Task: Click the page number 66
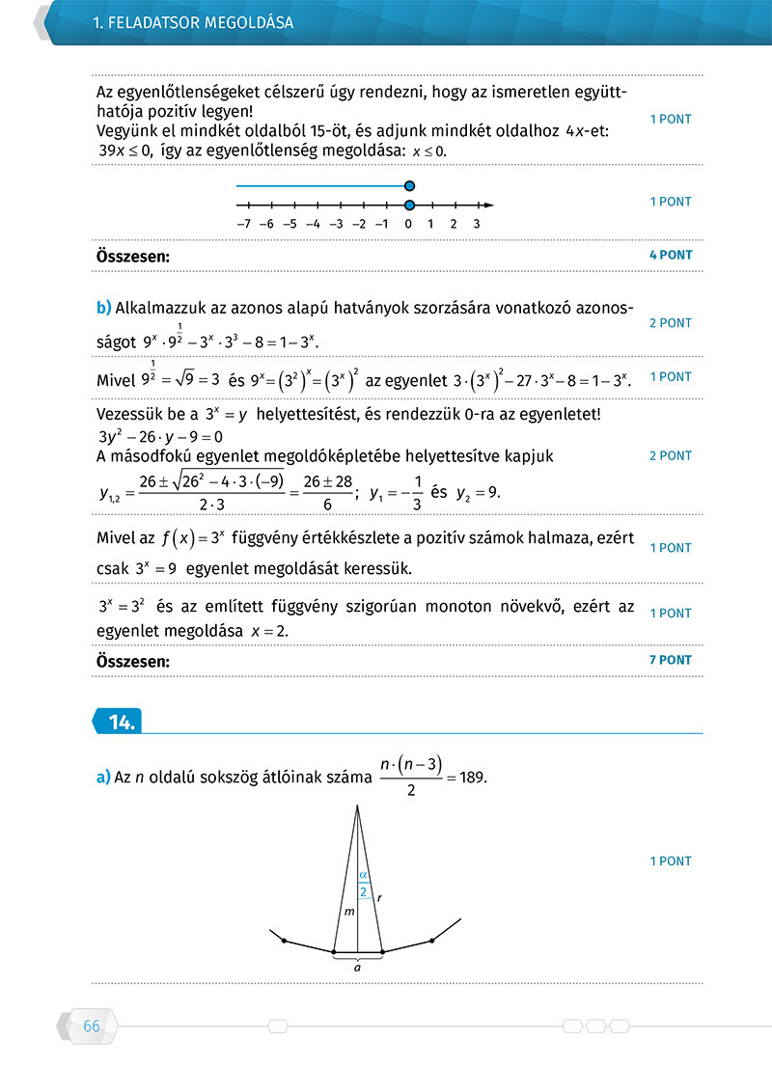tap(92, 1026)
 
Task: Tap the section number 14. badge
tap(121, 721)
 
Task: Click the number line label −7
tap(243, 224)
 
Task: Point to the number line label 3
tap(477, 224)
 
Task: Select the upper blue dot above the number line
tap(410, 185)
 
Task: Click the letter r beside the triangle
tap(378, 897)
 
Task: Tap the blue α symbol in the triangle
tap(363, 875)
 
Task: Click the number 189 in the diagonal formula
tap(475, 779)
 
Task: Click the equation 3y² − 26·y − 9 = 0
tap(160, 435)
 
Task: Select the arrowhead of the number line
tap(489, 205)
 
